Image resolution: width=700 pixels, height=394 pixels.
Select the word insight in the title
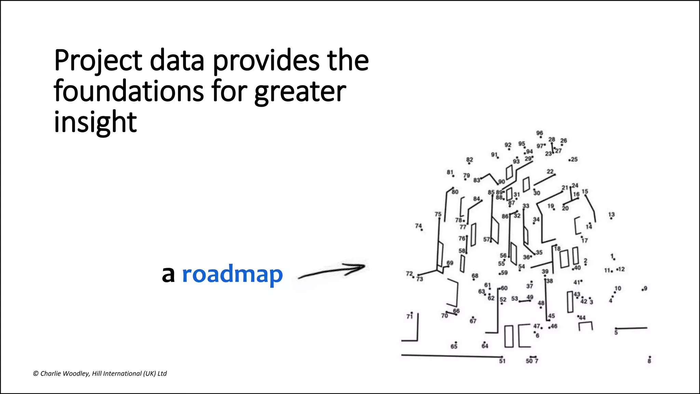tap(95, 122)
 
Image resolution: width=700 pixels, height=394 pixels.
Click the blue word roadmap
tap(232, 274)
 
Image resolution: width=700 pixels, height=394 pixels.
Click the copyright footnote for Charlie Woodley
tap(100, 373)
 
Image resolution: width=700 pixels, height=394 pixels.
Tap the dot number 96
tap(540, 133)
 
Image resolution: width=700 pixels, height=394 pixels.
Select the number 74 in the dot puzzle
tap(418, 226)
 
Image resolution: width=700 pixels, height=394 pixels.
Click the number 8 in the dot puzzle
tap(649, 361)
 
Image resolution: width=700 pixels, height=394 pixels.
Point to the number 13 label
tap(611, 214)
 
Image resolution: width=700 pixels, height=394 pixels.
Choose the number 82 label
tap(470, 160)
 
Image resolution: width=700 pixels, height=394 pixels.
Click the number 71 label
tap(409, 316)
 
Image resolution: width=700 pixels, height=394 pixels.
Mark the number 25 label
tap(574, 159)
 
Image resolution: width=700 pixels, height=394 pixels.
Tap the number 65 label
tap(454, 346)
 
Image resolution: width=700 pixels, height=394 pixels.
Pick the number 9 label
tap(645, 288)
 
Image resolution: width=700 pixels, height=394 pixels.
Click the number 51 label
tap(502, 361)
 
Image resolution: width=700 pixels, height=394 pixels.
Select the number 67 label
tap(473, 321)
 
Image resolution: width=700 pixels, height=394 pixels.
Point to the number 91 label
tap(494, 155)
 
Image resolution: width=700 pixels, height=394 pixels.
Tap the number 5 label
tap(616, 332)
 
